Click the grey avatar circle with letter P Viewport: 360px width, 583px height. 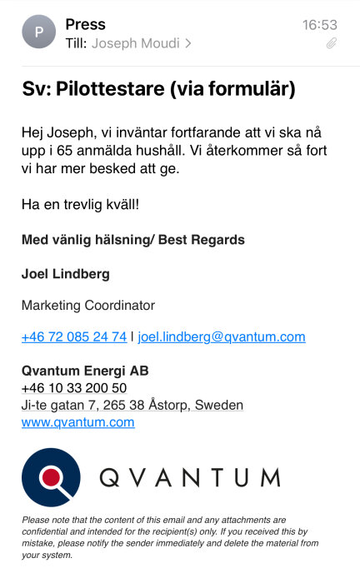(38, 33)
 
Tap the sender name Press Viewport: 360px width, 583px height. (85, 24)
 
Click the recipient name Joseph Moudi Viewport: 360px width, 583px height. (135, 42)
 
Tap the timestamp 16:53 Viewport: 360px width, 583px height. (319, 25)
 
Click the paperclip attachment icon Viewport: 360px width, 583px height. (331, 42)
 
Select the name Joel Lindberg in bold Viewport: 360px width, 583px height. (66, 274)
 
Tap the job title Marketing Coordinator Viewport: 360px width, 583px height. (88, 306)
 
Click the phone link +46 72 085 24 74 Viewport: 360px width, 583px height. (74, 337)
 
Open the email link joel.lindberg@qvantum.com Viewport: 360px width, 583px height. (222, 337)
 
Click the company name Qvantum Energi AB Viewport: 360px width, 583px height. (85, 371)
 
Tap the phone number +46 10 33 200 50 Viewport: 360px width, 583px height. (74, 388)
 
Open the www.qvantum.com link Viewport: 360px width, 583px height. (78, 422)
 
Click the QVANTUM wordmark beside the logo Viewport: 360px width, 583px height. (189, 477)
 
